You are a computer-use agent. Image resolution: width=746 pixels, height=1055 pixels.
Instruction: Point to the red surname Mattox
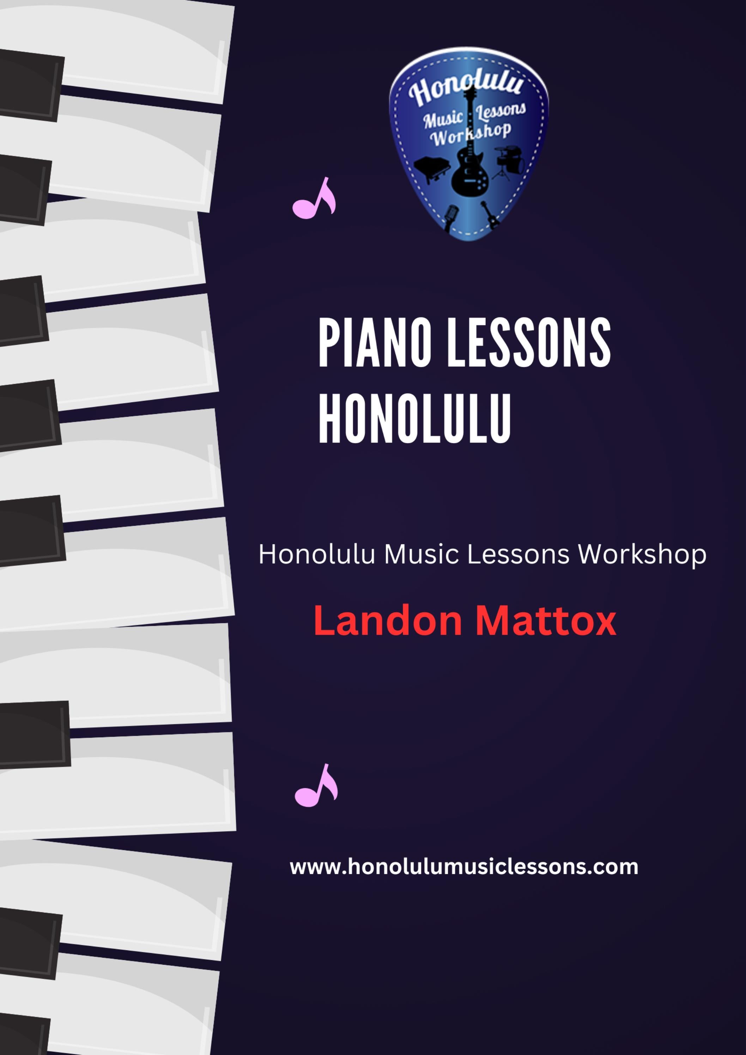(545, 621)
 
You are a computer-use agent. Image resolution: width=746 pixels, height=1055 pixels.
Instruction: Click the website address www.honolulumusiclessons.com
(464, 867)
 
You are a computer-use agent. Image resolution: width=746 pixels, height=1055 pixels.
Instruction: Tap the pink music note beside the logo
(314, 200)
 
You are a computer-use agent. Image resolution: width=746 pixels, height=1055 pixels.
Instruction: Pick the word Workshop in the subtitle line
(642, 554)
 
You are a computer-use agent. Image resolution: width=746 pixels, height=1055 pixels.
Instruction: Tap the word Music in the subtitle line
(421, 554)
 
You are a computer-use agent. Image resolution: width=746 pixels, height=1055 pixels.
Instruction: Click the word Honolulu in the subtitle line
(317, 554)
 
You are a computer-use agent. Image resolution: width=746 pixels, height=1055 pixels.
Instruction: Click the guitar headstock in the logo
(469, 94)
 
